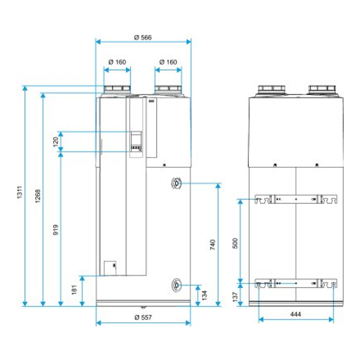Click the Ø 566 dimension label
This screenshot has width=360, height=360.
point(143,37)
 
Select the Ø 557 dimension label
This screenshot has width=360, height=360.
point(143,317)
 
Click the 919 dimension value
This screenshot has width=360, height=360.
point(56,230)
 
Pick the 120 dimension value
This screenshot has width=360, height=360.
point(55,141)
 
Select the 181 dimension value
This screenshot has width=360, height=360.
point(75,290)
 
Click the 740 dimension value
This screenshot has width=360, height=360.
point(212,244)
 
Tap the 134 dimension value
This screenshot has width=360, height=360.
point(204,295)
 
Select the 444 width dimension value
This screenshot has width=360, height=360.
point(296,314)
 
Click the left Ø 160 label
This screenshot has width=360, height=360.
point(117,62)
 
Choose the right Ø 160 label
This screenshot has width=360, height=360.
point(168,62)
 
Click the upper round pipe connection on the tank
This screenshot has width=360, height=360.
point(176,184)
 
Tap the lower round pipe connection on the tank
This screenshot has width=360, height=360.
point(176,285)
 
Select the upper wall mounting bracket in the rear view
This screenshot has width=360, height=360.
point(296,199)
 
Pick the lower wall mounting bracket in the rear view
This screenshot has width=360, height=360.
point(296,283)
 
